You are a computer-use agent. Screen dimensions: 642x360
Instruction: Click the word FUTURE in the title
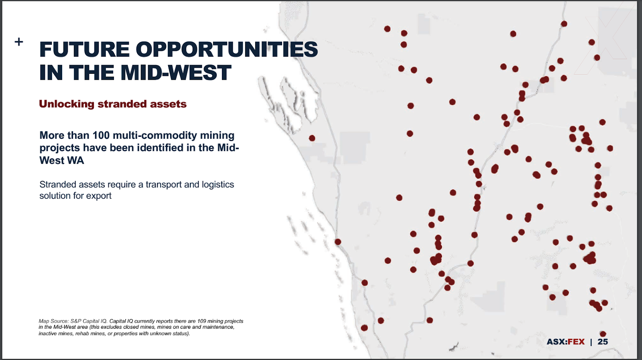84,49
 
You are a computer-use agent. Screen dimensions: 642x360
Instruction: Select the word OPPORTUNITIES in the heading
227,49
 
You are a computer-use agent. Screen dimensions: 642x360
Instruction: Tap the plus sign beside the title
19,42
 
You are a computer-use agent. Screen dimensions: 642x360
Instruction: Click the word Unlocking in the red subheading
67,104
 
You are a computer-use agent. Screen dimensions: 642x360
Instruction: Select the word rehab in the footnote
82,334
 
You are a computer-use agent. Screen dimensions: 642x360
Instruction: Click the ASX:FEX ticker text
565,342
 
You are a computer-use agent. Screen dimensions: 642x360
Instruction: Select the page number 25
603,342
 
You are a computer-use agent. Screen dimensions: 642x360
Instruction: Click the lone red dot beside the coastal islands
312,138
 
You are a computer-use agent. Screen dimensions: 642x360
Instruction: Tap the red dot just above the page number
603,334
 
